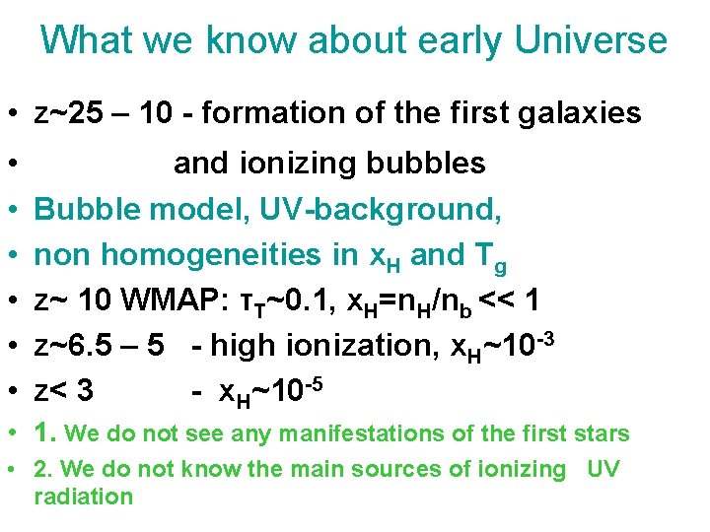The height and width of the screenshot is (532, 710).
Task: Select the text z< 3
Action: [64, 390]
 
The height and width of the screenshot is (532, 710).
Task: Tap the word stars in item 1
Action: [602, 433]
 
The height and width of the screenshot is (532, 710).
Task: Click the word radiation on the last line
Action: [83, 496]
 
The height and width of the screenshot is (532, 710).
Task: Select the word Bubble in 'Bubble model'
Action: [87, 209]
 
